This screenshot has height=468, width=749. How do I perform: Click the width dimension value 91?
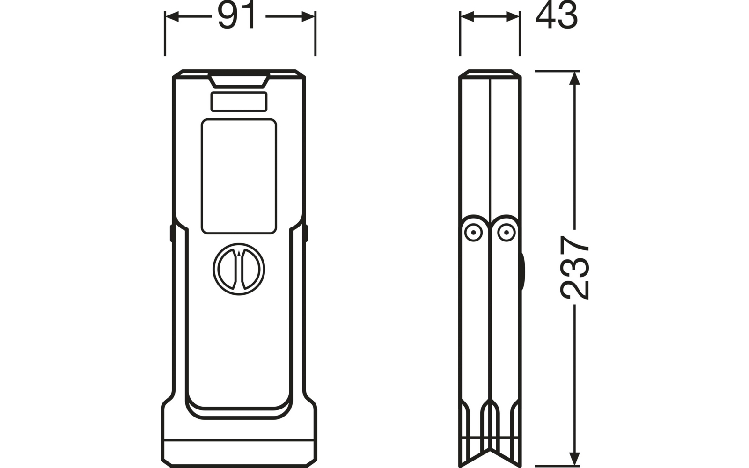237,15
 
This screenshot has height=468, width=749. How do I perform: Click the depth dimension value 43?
557,15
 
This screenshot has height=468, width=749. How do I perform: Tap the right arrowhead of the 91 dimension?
308,16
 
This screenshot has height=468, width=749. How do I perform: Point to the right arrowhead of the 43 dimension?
513,16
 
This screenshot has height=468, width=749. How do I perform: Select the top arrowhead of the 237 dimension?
574,78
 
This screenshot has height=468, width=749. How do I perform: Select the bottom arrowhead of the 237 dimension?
574,458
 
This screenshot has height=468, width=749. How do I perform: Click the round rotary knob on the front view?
239,269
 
